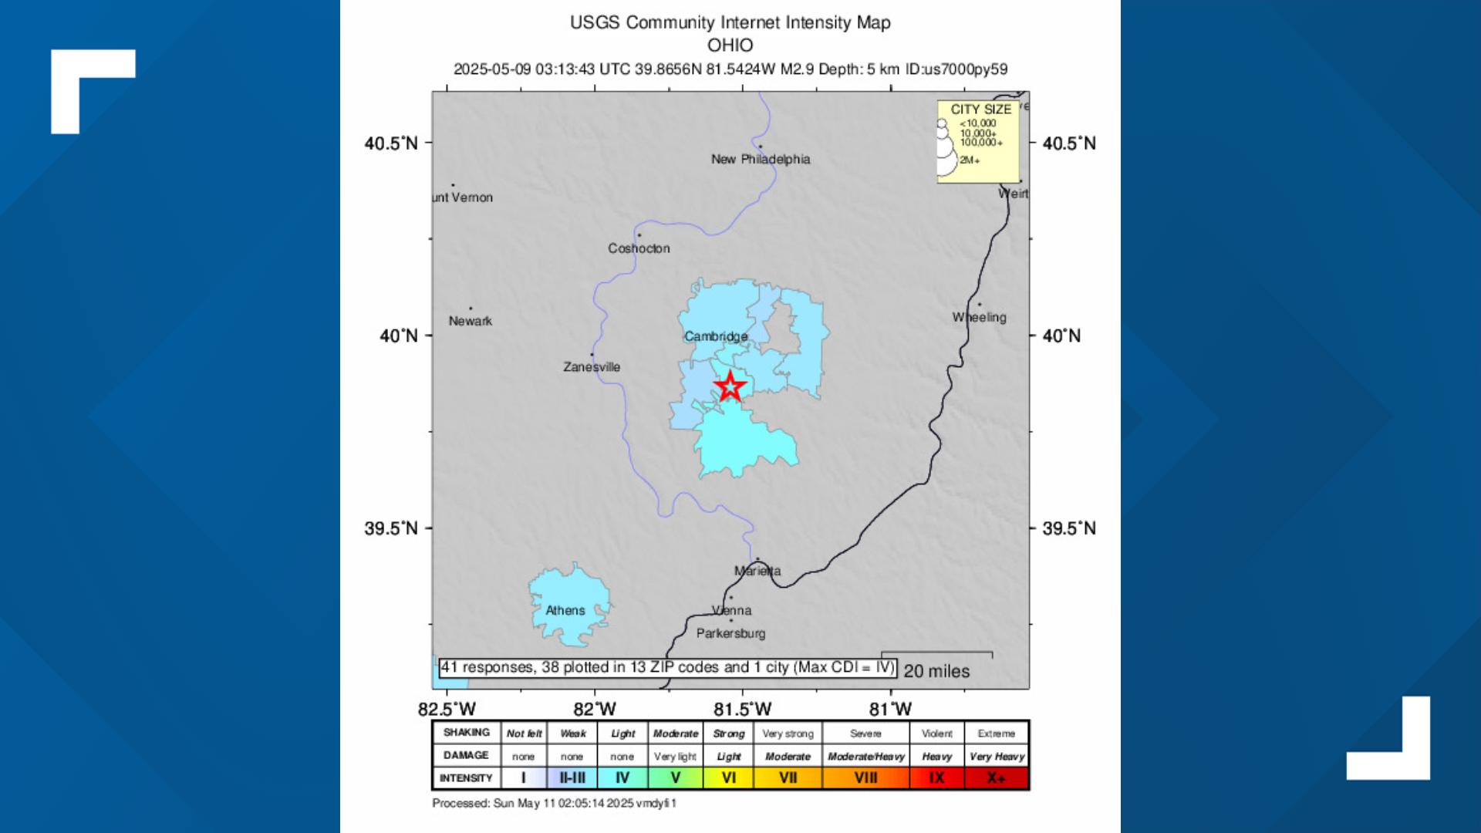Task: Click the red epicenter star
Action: [x=730, y=386]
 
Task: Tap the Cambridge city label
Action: [x=716, y=336]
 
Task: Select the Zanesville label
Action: [x=592, y=367]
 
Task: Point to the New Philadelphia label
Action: [x=761, y=160]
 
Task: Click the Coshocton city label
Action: [x=639, y=248]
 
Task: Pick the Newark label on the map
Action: [x=471, y=321]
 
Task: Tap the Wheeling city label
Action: [x=979, y=317]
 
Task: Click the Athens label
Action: [x=565, y=610]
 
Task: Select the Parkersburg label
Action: [x=730, y=633]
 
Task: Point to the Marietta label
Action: [x=757, y=571]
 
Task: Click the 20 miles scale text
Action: [x=936, y=671]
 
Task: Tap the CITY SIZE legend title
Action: [x=980, y=110]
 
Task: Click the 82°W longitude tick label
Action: [x=595, y=709]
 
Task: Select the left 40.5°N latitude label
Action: [x=391, y=143]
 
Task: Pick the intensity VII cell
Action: [x=788, y=777]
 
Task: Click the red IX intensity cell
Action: [x=936, y=777]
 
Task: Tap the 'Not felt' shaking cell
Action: [x=524, y=734]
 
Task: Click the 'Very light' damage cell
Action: [x=675, y=756]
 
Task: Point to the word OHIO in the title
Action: [x=730, y=45]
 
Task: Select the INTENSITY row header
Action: [x=466, y=777]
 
